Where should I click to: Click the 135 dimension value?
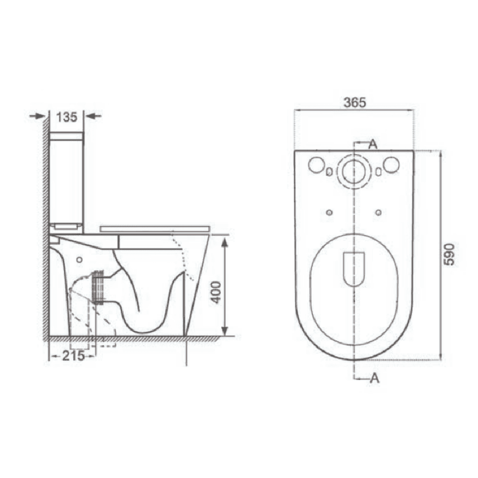click(x=66, y=116)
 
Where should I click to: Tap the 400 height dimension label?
click(x=217, y=292)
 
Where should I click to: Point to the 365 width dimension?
click(x=354, y=102)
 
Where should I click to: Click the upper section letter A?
click(x=373, y=143)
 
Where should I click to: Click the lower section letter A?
click(x=374, y=378)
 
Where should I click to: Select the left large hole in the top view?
click(x=316, y=165)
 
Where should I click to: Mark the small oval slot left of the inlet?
click(x=329, y=172)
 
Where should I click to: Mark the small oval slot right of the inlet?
click(x=379, y=172)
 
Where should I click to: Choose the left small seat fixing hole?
click(x=328, y=212)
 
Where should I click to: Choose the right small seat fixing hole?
click(x=379, y=212)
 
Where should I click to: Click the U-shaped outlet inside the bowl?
click(x=354, y=268)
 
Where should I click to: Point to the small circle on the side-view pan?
click(x=79, y=260)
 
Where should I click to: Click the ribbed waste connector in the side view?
click(x=98, y=287)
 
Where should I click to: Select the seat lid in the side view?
click(x=156, y=228)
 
